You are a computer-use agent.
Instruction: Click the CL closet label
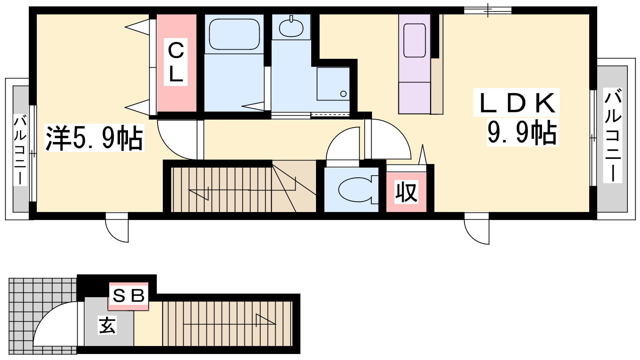point(176,62)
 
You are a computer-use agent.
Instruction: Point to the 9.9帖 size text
point(522,132)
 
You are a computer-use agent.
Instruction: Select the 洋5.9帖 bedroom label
point(94,138)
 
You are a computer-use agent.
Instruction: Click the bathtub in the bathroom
point(234,34)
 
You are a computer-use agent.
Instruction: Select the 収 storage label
point(406,192)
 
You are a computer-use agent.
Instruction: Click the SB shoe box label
point(128,296)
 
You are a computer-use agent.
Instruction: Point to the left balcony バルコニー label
point(20,150)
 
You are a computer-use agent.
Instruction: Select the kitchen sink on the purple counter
point(414,40)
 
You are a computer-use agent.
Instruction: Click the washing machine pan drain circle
point(344,94)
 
